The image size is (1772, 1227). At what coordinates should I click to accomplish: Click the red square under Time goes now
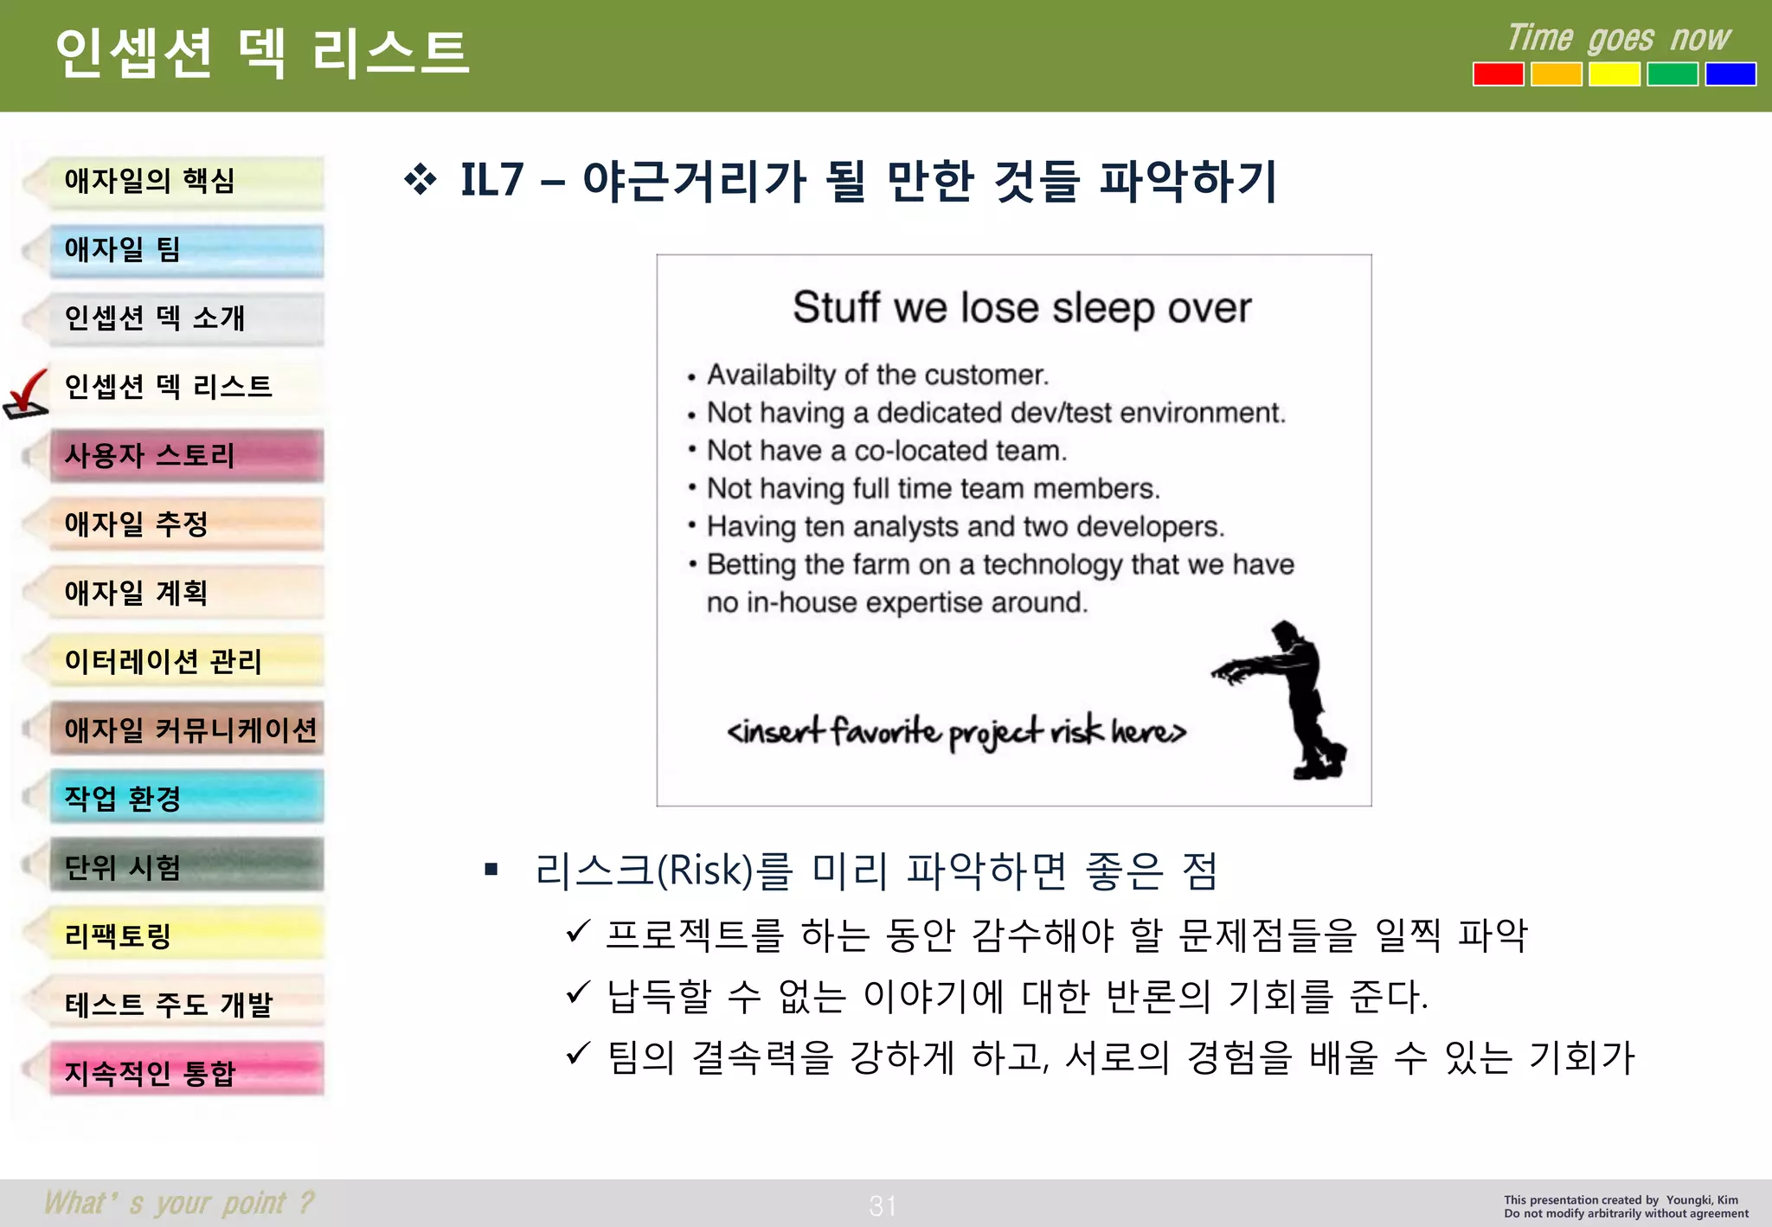1498,74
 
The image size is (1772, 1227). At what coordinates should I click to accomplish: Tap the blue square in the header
1730,74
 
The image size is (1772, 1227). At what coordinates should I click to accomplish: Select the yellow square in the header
1614,74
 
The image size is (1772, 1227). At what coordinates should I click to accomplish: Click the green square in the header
1672,74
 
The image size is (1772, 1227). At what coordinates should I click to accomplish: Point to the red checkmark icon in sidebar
26,394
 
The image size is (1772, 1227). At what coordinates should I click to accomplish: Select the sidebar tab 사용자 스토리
186,456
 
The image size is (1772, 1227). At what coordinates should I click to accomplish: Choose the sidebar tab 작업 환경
186,797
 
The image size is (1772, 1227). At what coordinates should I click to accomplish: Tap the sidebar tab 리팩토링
186,935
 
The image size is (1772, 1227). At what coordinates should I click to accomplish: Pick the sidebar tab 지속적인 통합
186,1072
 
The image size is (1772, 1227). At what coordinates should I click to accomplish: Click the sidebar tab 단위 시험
186,866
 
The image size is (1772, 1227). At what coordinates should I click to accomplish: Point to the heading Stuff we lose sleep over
1021,308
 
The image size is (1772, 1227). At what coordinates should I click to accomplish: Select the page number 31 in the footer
883,1205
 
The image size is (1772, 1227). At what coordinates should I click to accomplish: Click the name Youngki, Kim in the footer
1701,1200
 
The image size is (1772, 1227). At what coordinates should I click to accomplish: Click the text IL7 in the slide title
491,181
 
